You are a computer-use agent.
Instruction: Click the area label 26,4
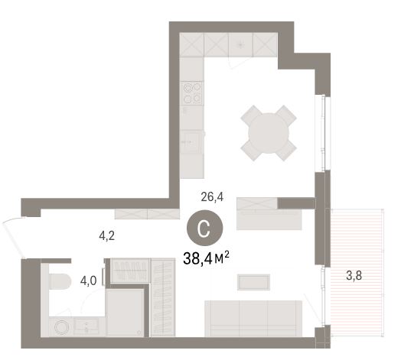212,197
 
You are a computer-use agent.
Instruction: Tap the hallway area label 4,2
107,236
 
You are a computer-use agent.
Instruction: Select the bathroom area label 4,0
89,281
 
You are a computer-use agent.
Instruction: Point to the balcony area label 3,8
354,276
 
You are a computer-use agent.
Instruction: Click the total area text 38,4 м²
206,259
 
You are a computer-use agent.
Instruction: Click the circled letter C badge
205,229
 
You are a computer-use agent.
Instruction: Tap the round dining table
269,133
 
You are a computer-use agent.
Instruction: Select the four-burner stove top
192,93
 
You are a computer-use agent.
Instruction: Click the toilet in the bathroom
60,281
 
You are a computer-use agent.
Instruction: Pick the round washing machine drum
61,327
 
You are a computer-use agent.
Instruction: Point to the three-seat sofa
253,319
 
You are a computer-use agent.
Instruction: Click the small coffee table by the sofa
254,282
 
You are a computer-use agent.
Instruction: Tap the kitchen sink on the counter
191,142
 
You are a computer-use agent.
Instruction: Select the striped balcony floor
357,272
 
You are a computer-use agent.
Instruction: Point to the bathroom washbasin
86,326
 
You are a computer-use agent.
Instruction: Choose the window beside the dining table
323,133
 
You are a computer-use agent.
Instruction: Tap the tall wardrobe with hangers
163,297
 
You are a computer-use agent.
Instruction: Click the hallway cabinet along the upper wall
147,214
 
